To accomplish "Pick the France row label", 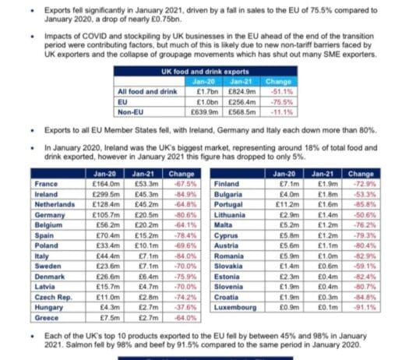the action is point(46,184).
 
